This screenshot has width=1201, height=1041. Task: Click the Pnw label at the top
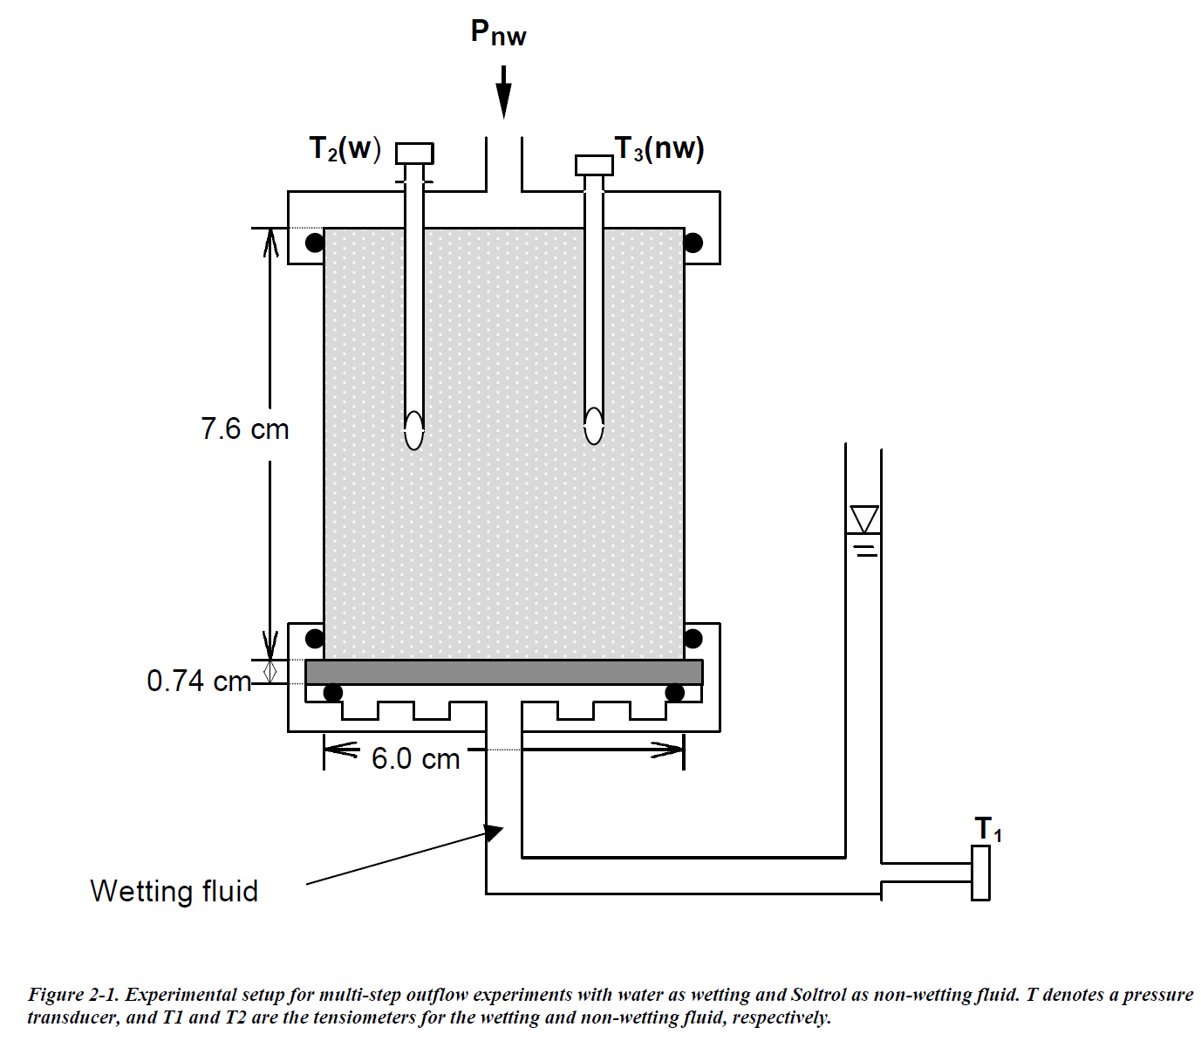(498, 33)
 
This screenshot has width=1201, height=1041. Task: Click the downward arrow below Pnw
(503, 92)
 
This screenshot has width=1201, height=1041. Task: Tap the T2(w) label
(345, 149)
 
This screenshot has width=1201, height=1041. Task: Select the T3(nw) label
(659, 149)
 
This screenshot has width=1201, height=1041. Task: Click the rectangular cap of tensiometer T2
(414, 154)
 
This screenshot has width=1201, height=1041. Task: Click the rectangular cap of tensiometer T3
(594, 165)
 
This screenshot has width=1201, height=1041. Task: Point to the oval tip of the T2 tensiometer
(413, 430)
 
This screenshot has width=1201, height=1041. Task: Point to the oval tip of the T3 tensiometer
(593, 426)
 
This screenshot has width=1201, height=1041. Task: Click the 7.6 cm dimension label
(244, 429)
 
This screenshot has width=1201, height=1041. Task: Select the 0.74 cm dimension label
(199, 681)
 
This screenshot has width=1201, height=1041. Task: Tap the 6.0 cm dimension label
(415, 758)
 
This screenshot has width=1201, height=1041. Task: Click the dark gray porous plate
(504, 672)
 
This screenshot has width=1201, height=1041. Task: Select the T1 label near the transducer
(988, 829)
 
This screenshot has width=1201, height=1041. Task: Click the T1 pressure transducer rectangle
(981, 873)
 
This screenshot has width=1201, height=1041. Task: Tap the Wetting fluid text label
(174, 891)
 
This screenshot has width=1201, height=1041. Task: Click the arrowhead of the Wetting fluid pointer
(493, 832)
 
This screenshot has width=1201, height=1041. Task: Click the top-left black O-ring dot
(314, 243)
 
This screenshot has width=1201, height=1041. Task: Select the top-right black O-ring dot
(693, 243)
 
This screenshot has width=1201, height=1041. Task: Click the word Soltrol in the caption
(819, 995)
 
